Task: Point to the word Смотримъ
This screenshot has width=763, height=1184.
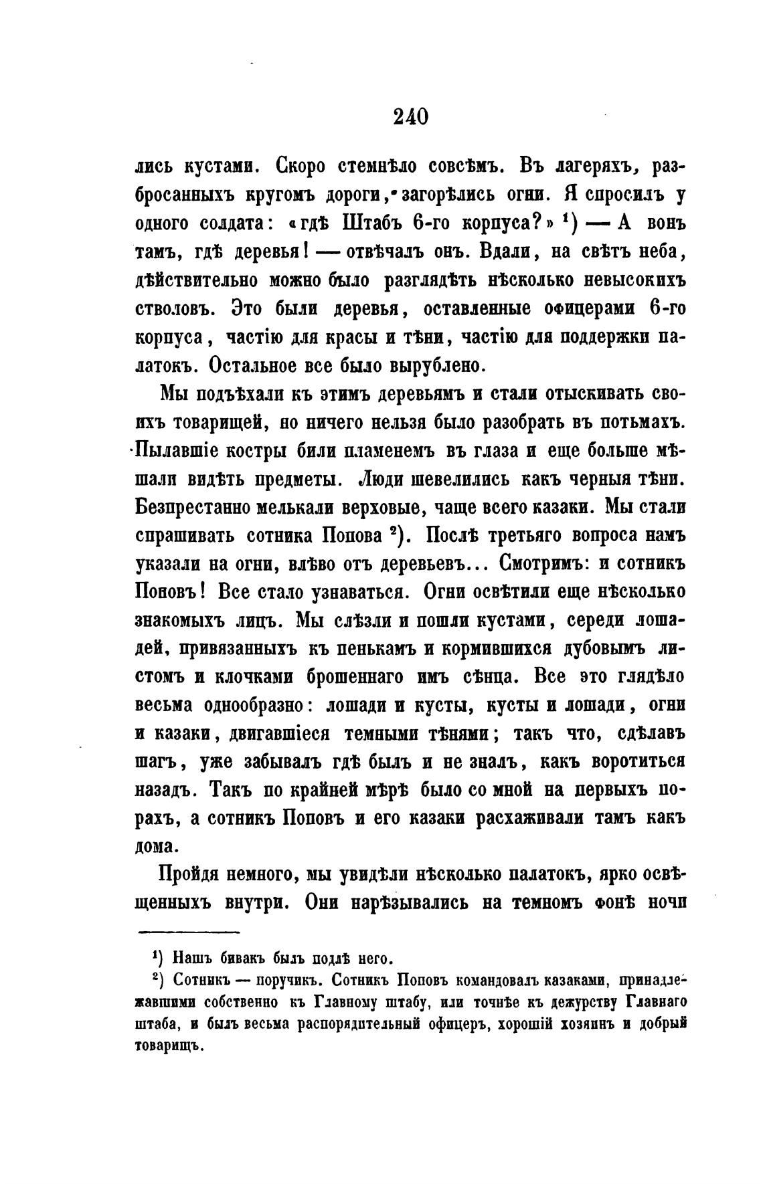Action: pos(543,564)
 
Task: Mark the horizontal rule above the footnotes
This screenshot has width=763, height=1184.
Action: pos(188,932)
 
